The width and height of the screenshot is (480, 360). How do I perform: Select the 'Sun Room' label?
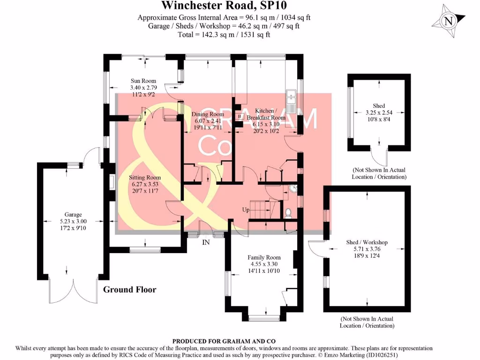[143, 81]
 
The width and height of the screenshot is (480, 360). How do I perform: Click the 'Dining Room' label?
[208, 114]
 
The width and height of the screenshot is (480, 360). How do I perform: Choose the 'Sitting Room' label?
[145, 178]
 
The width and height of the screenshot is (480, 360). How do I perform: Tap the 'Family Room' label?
[264, 257]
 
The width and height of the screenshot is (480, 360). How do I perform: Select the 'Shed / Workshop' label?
[367, 242]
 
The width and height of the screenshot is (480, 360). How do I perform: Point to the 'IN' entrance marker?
[206, 243]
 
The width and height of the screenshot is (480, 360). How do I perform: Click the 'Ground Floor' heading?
[129, 290]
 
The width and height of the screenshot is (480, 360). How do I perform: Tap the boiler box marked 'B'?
[240, 116]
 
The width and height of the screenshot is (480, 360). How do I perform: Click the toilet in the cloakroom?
[289, 213]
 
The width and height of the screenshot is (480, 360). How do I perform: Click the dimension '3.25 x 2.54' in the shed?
[379, 113]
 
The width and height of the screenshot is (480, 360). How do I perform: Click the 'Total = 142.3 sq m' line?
[224, 34]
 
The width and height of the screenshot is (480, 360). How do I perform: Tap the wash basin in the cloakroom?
[292, 189]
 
